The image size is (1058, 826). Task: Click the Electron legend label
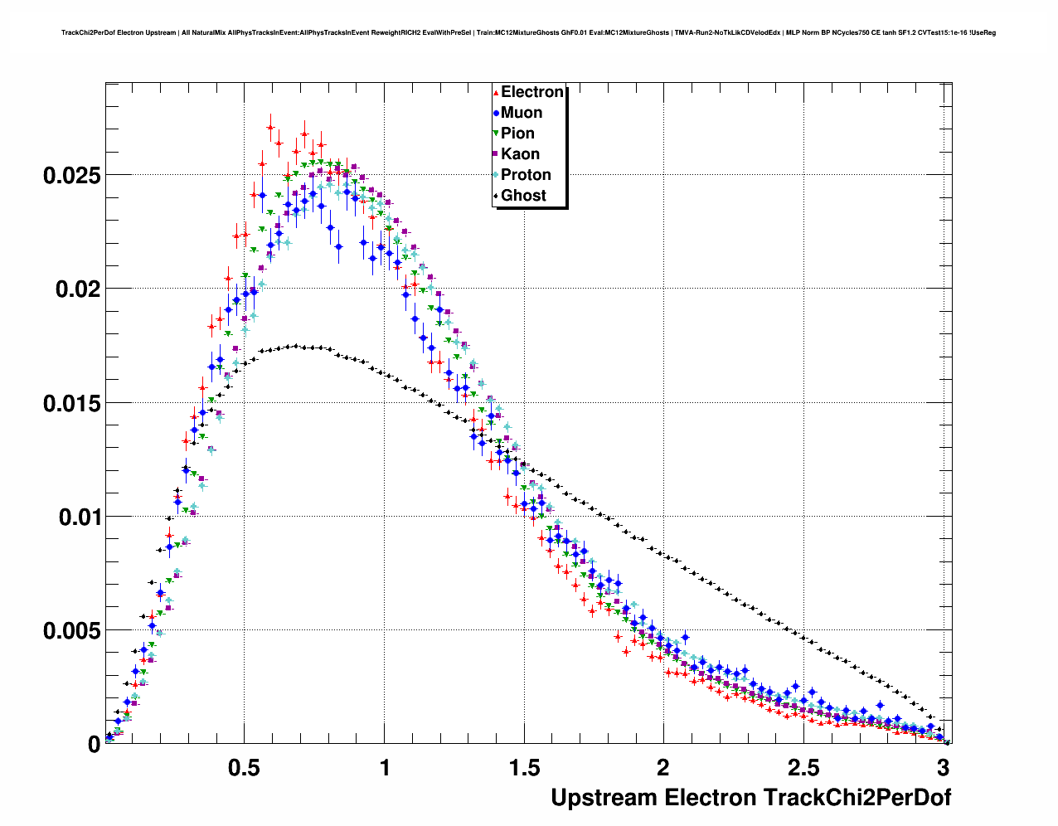532,92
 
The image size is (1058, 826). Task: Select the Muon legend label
522,113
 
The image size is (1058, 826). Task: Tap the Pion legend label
517,134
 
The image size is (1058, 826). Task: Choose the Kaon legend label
520,154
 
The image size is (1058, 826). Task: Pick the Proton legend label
526,175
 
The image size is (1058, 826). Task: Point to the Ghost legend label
523,196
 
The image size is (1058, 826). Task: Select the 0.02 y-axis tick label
77,289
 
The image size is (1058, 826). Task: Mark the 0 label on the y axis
94,745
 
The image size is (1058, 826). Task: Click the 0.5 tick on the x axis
245,767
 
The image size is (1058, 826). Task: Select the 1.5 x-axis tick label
524,767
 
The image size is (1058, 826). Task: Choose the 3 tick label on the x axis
943,767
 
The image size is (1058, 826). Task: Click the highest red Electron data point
270,128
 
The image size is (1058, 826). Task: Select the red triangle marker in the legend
496,93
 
